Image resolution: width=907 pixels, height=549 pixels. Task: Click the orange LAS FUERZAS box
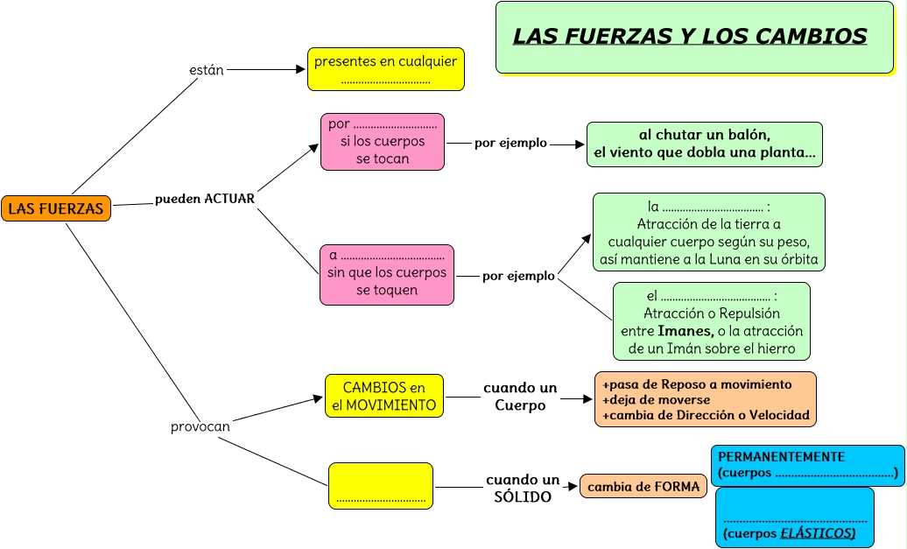pos(56,208)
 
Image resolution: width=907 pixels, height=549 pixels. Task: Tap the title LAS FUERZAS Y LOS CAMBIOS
pos(689,36)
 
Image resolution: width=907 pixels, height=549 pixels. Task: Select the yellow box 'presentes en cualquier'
pos(385,69)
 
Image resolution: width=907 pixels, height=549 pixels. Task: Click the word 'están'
pos(207,69)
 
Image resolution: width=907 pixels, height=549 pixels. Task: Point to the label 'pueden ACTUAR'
pos(205,199)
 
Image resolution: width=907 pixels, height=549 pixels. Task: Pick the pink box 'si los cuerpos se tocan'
pos(382,142)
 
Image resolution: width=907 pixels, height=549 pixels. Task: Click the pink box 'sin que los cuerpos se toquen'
pos(386,274)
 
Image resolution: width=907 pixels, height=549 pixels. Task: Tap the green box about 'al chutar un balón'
pos(704,144)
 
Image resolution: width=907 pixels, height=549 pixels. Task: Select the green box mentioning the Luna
pos(708,232)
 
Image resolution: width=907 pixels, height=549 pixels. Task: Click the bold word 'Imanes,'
pos(685,331)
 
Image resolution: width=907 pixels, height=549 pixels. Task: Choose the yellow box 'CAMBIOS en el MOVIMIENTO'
pos(383,397)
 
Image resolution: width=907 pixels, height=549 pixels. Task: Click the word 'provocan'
pos(200,426)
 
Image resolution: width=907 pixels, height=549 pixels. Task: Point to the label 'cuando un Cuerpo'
pos(520,397)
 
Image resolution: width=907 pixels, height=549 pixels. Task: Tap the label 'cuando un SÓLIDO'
pos(523,489)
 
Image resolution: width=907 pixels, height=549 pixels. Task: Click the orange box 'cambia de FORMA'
pos(643,487)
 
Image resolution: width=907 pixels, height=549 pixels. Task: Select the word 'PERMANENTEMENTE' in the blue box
pos(781,457)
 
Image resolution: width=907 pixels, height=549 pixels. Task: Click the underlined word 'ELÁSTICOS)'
pos(818,532)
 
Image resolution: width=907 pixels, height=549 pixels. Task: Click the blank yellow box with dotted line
pos(380,485)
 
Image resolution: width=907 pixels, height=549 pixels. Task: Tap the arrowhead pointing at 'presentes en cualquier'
pos(300,69)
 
